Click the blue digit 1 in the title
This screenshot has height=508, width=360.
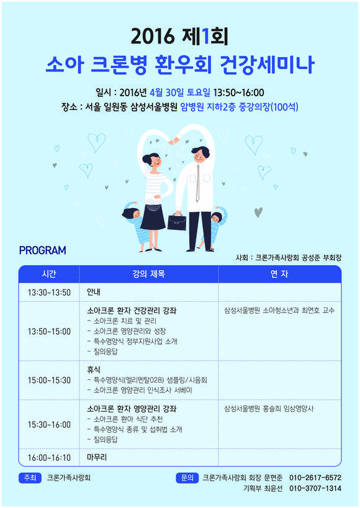[205, 36]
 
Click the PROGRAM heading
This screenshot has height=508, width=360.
[42, 250]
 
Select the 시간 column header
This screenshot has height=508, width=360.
[49, 274]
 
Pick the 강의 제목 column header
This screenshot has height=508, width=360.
[148, 274]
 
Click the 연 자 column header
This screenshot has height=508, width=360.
[279, 274]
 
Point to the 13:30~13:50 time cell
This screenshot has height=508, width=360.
[49, 293]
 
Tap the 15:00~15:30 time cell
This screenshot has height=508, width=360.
[49, 379]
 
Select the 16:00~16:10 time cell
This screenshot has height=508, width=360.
[49, 458]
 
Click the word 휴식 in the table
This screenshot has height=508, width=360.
[94, 370]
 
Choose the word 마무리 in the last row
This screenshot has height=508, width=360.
[97, 457]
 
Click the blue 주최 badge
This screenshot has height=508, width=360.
[30, 478]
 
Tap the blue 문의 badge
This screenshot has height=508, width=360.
[187, 478]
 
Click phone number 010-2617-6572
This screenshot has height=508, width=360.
[315, 478]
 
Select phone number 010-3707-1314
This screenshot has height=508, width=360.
[315, 488]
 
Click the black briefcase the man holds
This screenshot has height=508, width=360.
[177, 222]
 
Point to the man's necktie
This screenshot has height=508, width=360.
[197, 183]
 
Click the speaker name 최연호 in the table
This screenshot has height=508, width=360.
[311, 311]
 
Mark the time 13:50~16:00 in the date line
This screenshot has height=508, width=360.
[238, 93]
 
